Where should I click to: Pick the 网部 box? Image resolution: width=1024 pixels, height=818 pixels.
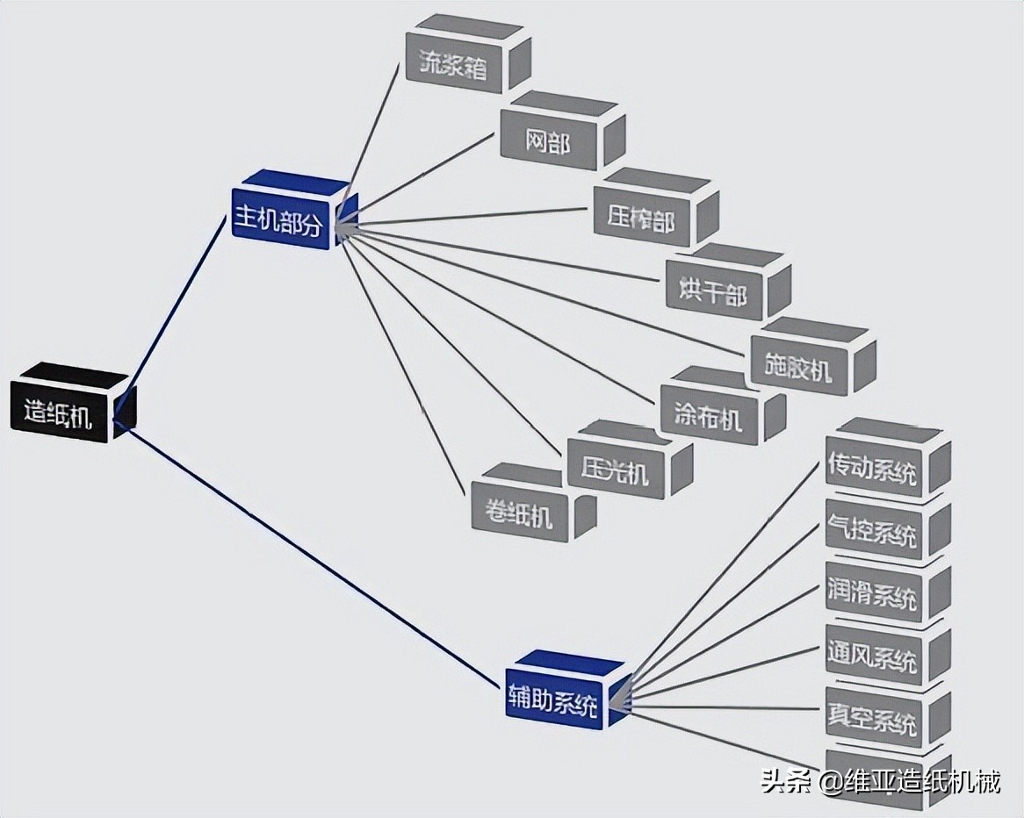[x=548, y=140]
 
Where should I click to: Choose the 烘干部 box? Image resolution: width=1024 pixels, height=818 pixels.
[x=713, y=291]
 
